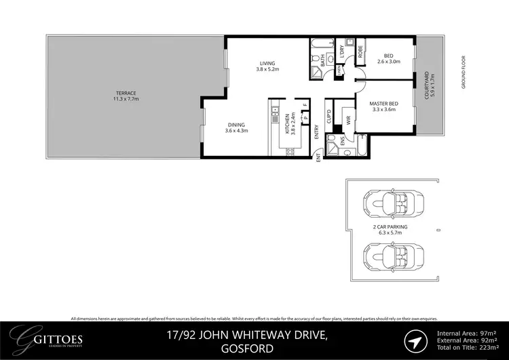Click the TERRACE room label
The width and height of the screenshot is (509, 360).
pyautogui.click(x=126, y=96)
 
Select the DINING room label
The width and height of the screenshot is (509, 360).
pyautogui.click(x=236, y=127)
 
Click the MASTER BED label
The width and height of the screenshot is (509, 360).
pyautogui.click(x=384, y=106)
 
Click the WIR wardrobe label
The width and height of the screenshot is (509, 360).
pyautogui.click(x=347, y=121)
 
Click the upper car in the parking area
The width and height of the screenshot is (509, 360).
pyautogui.click(x=390, y=203)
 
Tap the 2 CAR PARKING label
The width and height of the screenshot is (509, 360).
pyautogui.click(x=390, y=230)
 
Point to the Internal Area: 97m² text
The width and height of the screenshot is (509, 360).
pyautogui.click(x=467, y=332)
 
